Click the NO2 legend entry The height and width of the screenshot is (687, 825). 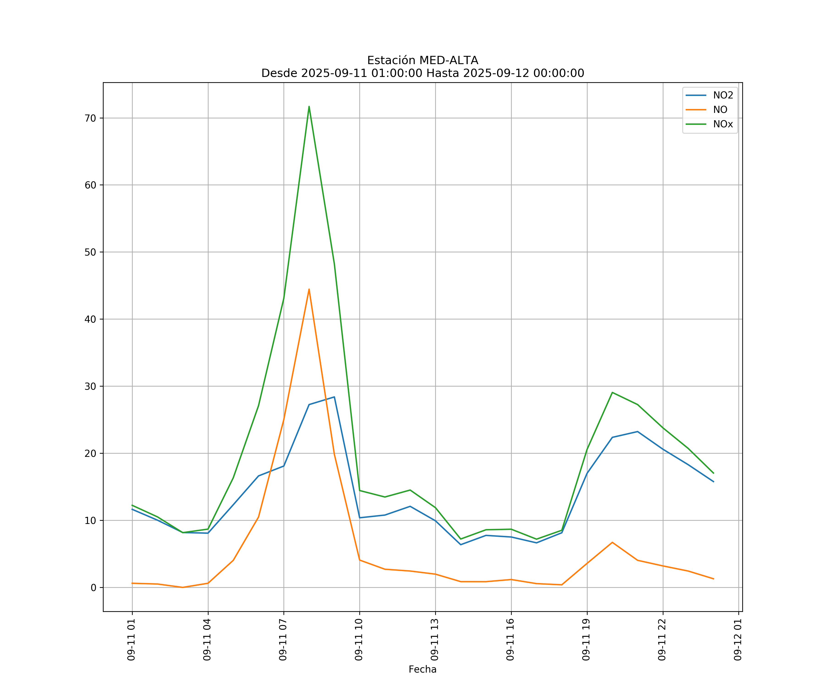(x=723, y=95)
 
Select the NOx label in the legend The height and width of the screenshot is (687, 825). (x=723, y=124)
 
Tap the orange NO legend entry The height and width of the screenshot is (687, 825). (x=720, y=110)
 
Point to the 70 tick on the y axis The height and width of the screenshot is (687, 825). (x=90, y=118)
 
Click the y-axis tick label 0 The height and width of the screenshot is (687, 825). (x=93, y=588)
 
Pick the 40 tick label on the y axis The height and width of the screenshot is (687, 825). (x=90, y=319)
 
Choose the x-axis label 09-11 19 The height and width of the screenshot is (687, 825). (x=586, y=640)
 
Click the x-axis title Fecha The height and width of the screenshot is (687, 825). (x=422, y=669)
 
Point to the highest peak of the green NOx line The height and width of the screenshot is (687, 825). (x=309, y=106)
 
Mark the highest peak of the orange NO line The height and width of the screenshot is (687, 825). (x=309, y=289)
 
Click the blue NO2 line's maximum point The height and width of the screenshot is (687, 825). (x=334, y=397)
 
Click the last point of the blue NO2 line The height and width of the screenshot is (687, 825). (x=713, y=482)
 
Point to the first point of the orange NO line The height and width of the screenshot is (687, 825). (x=132, y=583)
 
